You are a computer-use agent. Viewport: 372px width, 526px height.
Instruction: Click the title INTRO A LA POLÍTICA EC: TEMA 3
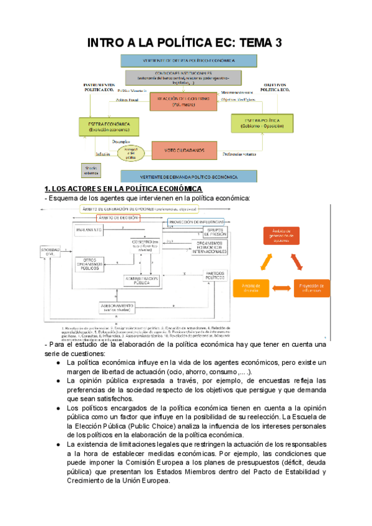coord(185,42)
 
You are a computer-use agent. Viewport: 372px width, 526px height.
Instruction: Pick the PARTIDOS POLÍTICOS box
coord(215,275)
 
